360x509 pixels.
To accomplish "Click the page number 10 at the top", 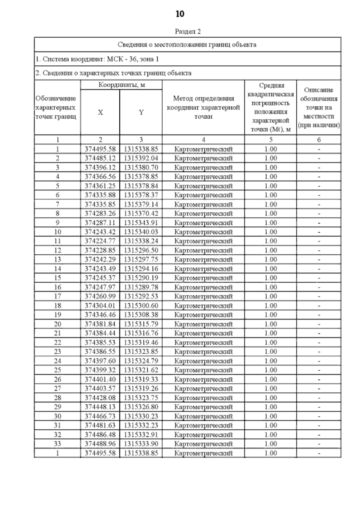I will coord(180,14).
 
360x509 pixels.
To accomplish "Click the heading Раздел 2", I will coord(187,31).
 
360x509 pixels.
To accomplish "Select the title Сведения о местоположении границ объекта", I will coord(187,45).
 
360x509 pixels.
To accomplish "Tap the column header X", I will coord(100,112).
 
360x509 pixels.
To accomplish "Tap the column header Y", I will coord(141,112).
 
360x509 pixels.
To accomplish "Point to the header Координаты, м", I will coord(121,85).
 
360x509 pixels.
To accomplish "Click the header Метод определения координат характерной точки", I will coord(203,107).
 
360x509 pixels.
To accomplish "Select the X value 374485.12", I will coord(100,158).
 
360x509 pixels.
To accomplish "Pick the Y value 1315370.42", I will coord(141,213).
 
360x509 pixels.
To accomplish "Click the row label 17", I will coord(57,296).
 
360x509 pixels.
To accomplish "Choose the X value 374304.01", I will coord(100,306).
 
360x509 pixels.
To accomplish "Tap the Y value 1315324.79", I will coord(141,361).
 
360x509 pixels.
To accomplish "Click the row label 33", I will coord(57,444).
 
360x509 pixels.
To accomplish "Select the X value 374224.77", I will coord(100,241).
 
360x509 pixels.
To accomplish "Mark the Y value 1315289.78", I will coord(141,287).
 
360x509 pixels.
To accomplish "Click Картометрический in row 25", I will coord(203,370).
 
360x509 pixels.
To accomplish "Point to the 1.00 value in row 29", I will coord(271,407).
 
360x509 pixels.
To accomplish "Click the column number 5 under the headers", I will coord(271,140).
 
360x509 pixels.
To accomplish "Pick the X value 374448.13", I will coord(100,407).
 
